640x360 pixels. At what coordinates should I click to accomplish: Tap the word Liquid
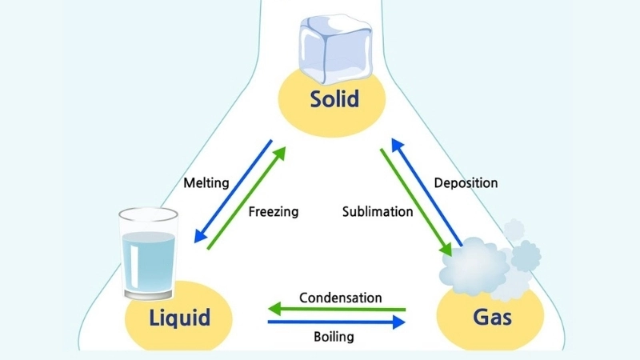(x=179, y=318)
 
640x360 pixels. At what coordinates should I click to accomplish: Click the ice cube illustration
(x=330, y=50)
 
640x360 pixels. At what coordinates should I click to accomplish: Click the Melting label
(x=206, y=183)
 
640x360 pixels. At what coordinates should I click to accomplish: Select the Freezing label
(x=273, y=212)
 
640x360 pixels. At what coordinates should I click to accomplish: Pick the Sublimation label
(x=378, y=212)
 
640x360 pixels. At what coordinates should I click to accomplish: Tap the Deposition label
(x=466, y=183)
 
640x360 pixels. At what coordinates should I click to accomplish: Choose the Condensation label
(x=340, y=298)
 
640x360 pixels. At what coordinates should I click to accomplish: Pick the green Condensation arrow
(x=336, y=309)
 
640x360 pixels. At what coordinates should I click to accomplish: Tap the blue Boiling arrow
(x=336, y=322)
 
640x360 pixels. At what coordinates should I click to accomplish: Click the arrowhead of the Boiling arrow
(x=399, y=322)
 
